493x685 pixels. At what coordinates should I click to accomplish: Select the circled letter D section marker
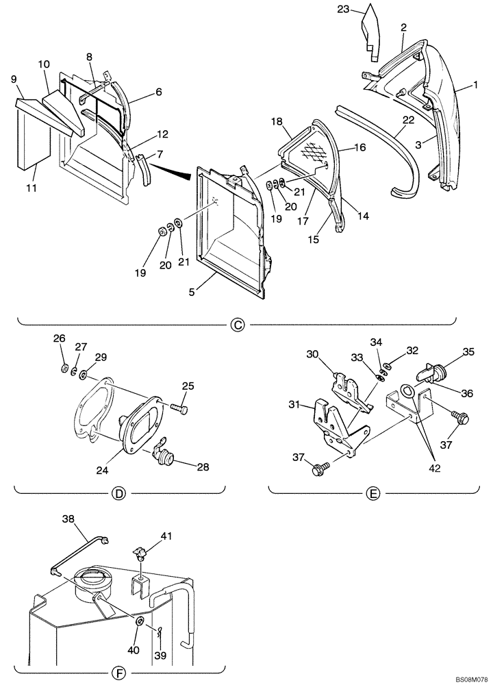tap(120, 493)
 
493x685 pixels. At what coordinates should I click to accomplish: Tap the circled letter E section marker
tap(372, 493)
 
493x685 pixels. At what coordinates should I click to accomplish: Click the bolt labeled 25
tap(179, 410)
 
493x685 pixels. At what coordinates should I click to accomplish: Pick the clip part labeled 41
tap(140, 553)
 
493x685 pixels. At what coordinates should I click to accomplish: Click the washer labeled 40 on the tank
tap(139, 621)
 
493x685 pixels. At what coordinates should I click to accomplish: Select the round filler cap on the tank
tap(90, 580)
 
